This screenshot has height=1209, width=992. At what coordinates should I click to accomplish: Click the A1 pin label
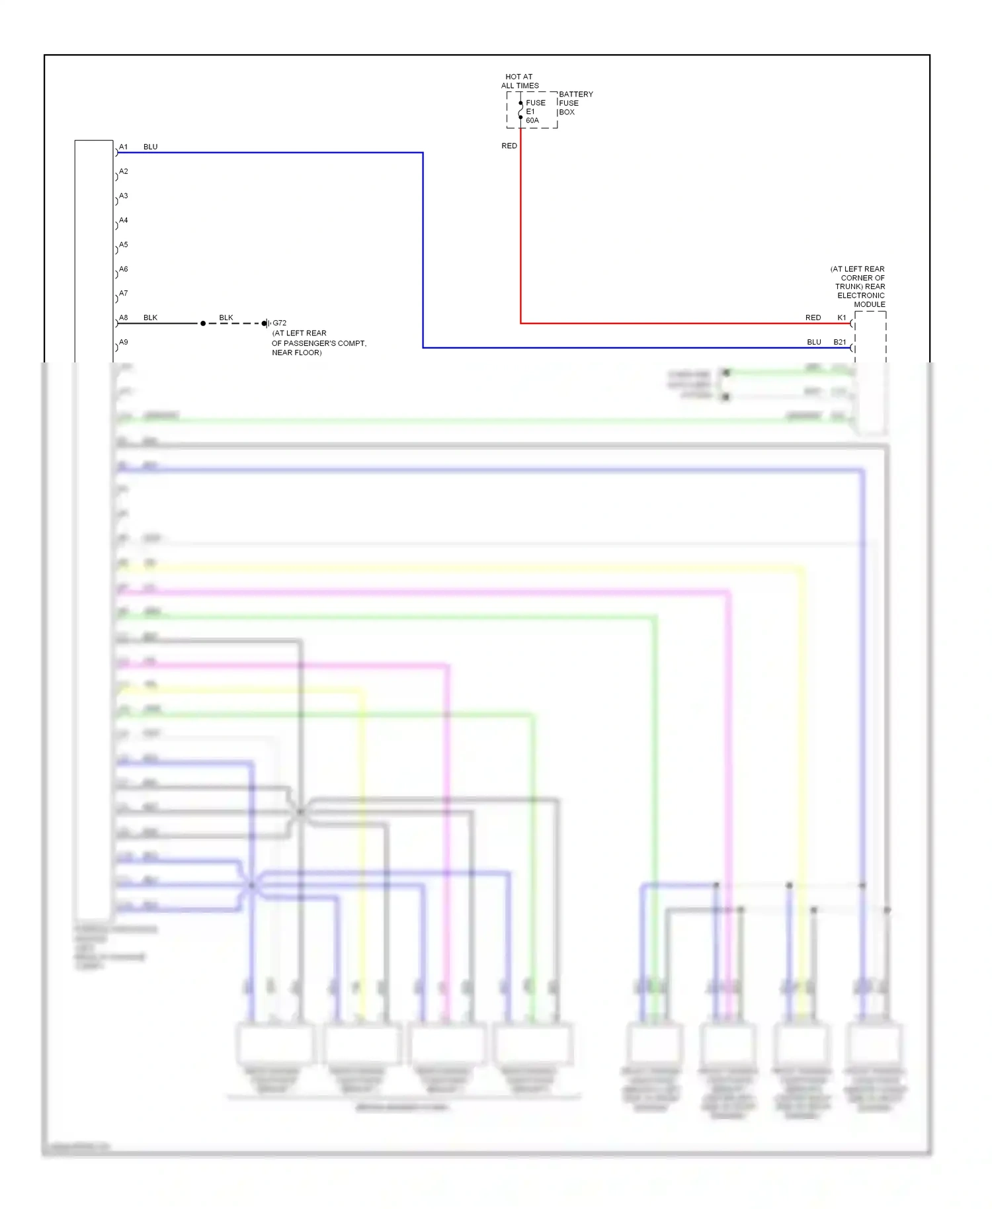click(124, 147)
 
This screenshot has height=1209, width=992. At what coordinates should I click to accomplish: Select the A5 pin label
click(124, 245)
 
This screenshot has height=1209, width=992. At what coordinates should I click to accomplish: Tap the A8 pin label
click(124, 318)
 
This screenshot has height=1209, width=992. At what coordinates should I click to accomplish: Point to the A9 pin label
click(124, 343)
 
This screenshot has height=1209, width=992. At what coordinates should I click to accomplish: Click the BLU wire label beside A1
click(151, 147)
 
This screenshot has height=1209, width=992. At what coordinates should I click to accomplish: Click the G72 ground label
click(280, 323)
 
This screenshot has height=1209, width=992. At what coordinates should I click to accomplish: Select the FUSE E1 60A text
click(534, 112)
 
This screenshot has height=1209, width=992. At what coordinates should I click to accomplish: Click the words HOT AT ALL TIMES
click(520, 81)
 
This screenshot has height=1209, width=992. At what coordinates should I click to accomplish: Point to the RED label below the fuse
click(509, 146)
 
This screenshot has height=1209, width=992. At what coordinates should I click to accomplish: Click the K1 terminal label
click(842, 318)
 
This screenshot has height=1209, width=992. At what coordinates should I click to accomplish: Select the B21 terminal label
click(840, 343)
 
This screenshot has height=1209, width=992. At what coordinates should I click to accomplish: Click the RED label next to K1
click(813, 318)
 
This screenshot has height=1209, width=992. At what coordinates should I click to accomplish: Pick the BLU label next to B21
click(813, 343)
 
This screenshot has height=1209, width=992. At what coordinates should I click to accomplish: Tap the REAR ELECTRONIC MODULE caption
click(858, 287)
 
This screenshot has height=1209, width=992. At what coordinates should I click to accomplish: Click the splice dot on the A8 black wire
click(203, 323)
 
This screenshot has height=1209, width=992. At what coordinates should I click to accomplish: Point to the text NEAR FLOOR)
click(297, 353)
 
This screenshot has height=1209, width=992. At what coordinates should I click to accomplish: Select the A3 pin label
click(124, 196)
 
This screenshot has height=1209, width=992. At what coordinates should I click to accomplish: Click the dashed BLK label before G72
click(226, 318)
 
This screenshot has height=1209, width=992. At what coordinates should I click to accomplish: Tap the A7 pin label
click(124, 294)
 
